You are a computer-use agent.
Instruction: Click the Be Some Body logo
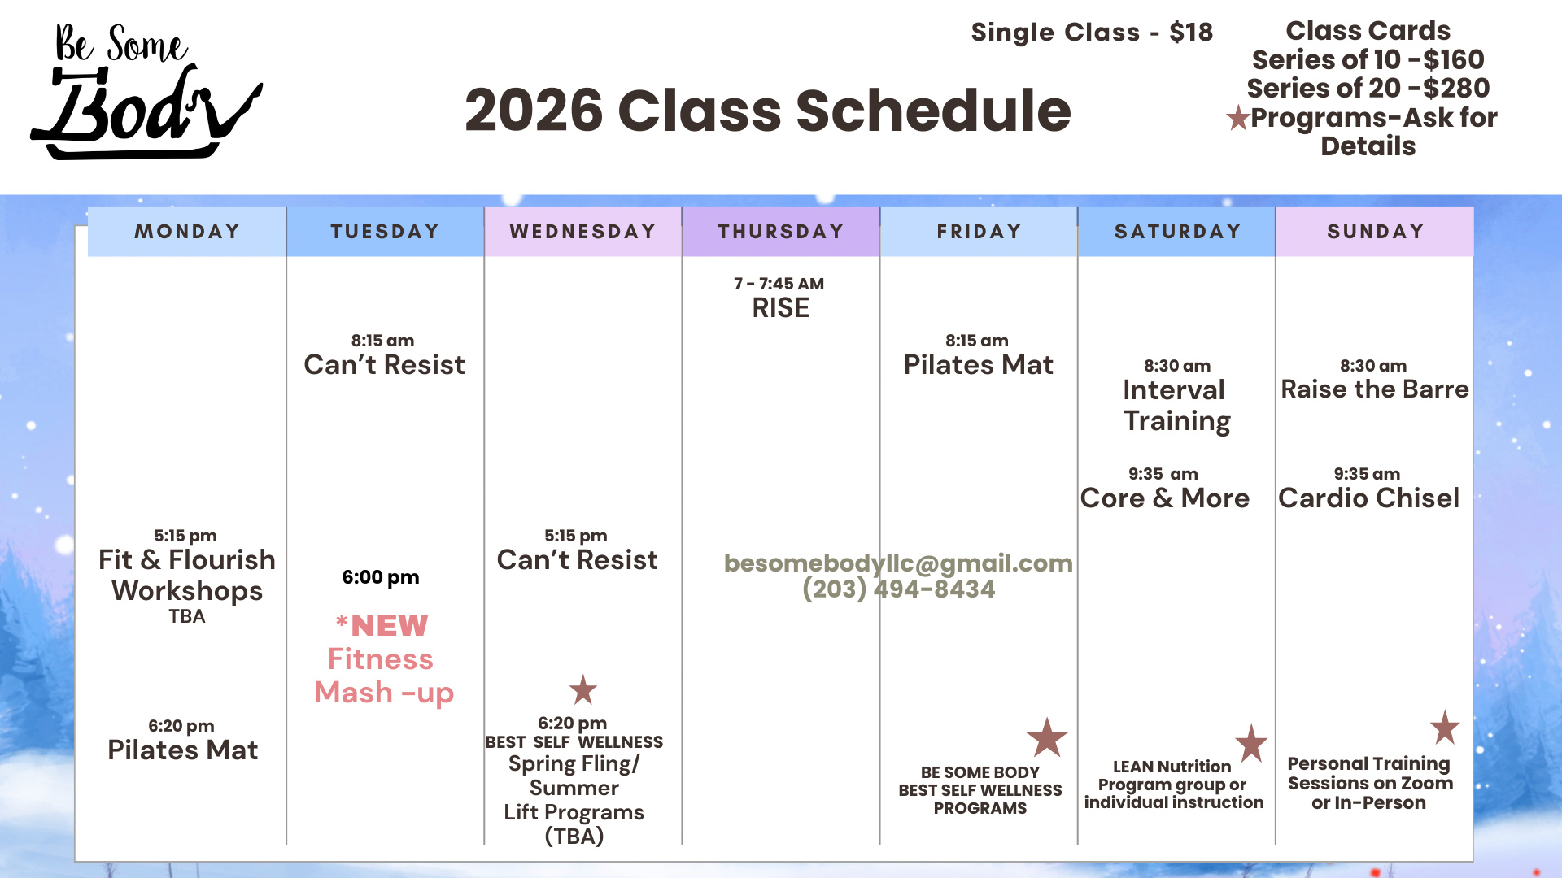pyautogui.click(x=146, y=91)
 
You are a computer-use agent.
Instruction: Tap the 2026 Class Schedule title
pyautogui.click(x=768, y=111)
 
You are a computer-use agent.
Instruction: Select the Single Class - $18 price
pyautogui.click(x=1092, y=33)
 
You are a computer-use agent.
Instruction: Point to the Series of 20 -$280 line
pyautogui.click(x=1368, y=88)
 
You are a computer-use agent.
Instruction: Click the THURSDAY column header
pyautogui.click(x=781, y=232)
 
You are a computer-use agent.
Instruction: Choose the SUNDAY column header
pyautogui.click(x=1375, y=232)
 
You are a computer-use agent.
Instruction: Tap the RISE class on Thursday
pyautogui.click(x=781, y=308)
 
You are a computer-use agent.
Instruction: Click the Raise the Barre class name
pyautogui.click(x=1375, y=389)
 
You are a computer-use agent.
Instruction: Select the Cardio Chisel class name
pyautogui.click(x=1369, y=498)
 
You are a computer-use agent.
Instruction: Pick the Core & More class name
pyautogui.click(x=1165, y=498)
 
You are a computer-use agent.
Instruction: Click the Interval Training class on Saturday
pyautogui.click(x=1176, y=406)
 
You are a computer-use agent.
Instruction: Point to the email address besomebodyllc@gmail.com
pyautogui.click(x=898, y=563)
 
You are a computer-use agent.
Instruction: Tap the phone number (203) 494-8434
pyautogui.click(x=898, y=589)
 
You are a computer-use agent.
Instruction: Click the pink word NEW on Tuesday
pyautogui.click(x=390, y=625)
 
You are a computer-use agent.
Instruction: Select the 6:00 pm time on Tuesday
pyautogui.click(x=381, y=577)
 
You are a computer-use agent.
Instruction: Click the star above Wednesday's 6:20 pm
pyautogui.click(x=583, y=690)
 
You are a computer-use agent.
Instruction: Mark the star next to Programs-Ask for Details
pyautogui.click(x=1238, y=118)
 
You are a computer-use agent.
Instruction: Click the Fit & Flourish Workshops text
pyautogui.click(x=187, y=575)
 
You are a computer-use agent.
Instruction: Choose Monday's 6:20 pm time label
pyautogui.click(x=181, y=726)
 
